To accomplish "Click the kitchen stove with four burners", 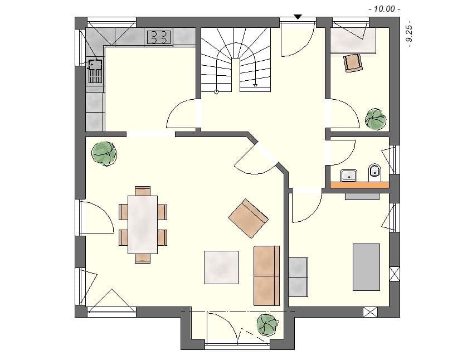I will (158, 37).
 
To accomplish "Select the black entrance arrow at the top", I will (298, 17).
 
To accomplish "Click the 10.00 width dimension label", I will (385, 8).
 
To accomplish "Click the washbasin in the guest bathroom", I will (349, 174).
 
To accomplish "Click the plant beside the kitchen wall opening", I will (104, 152).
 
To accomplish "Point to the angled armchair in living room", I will (249, 218).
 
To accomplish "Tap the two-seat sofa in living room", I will (266, 275).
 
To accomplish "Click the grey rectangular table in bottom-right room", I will (366, 267).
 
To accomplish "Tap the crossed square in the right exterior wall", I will (395, 274).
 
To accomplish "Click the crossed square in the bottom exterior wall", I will (369, 312).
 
